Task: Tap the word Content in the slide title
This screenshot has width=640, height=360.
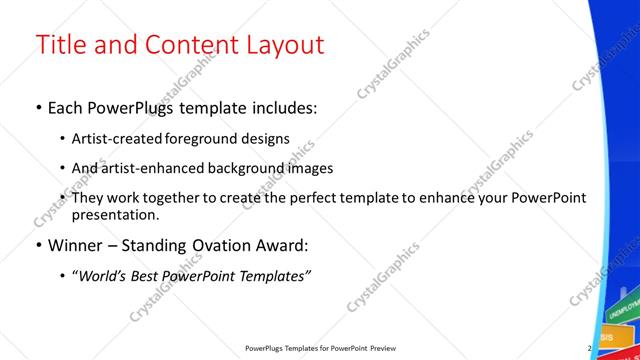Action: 183,45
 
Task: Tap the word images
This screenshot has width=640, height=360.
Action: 310,168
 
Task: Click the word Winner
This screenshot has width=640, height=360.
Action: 77,244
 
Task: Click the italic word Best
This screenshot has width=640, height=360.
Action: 149,275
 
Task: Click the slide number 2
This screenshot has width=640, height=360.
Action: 590,348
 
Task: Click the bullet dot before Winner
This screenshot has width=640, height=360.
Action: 38,244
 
